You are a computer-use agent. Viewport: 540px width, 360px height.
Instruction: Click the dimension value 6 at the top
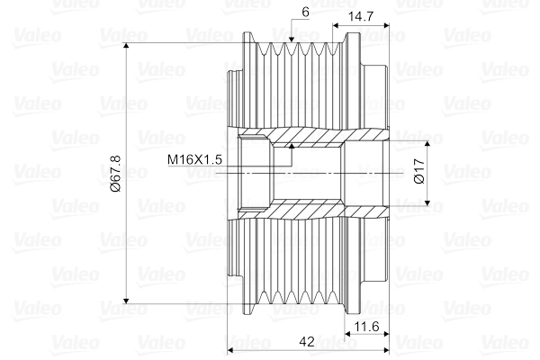306,13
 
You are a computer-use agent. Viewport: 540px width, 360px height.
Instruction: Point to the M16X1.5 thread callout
194,159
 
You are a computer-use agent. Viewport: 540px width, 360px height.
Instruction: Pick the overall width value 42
307,342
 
